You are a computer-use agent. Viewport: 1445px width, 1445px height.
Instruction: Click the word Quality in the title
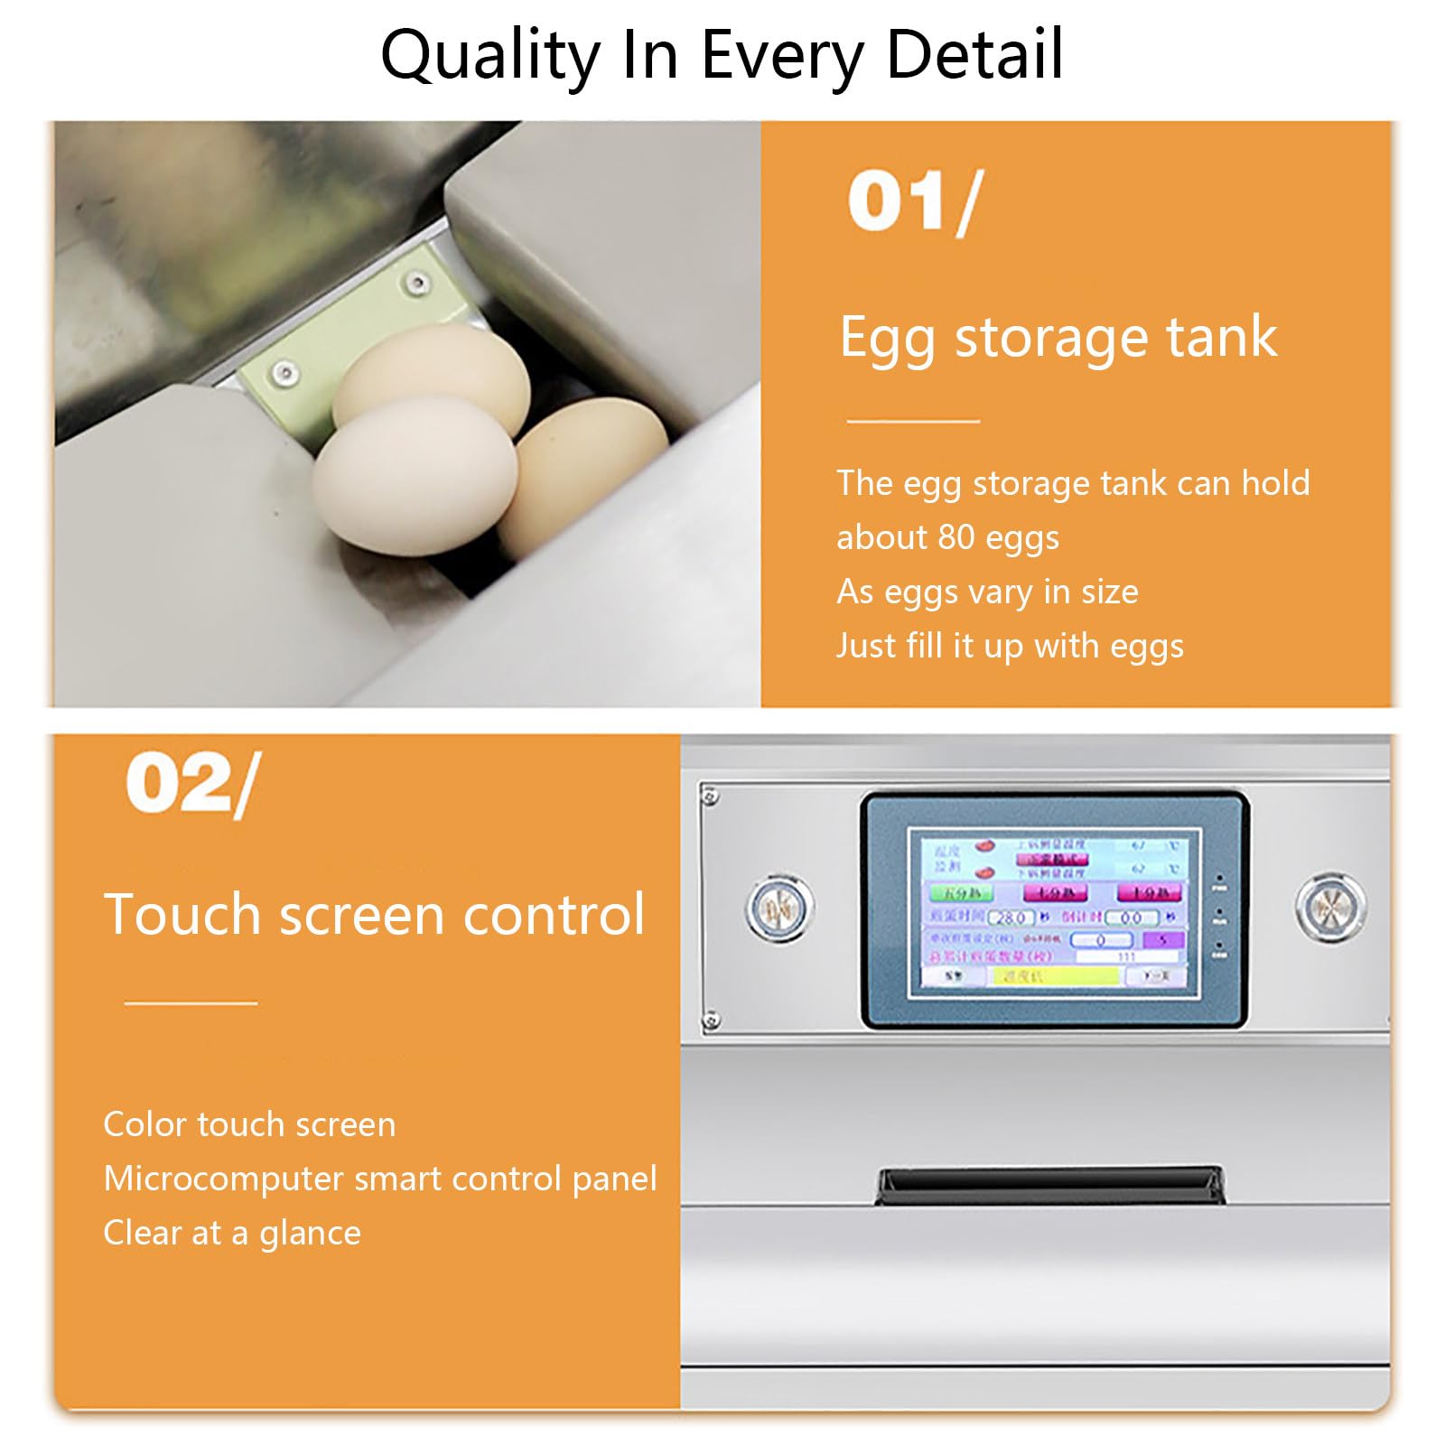(x=489, y=56)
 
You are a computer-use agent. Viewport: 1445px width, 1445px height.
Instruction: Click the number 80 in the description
(x=956, y=537)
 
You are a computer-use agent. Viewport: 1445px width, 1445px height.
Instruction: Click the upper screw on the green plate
(x=416, y=283)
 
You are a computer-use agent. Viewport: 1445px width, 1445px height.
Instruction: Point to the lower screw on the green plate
(x=285, y=370)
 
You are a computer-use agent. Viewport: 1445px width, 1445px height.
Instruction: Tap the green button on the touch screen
(x=962, y=892)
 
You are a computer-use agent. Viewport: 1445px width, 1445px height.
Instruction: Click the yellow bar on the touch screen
(x=1054, y=975)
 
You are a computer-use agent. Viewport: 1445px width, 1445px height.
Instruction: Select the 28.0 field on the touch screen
(x=1011, y=918)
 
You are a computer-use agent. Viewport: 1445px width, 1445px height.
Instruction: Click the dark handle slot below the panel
(x=1050, y=1184)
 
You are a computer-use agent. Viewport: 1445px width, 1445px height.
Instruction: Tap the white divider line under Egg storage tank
(x=913, y=421)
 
